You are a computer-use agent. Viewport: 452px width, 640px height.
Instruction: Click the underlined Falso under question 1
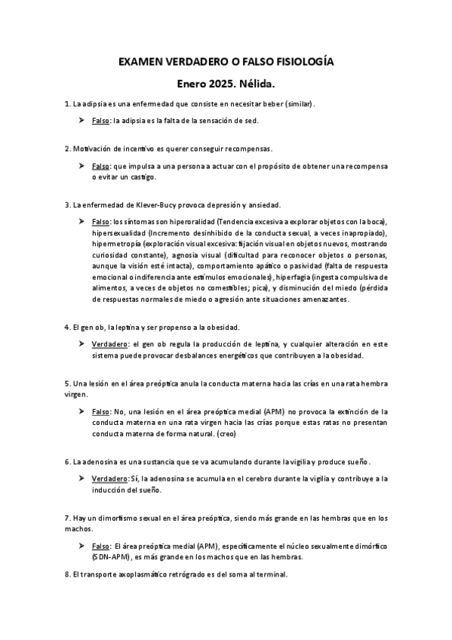[x=101, y=121]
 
